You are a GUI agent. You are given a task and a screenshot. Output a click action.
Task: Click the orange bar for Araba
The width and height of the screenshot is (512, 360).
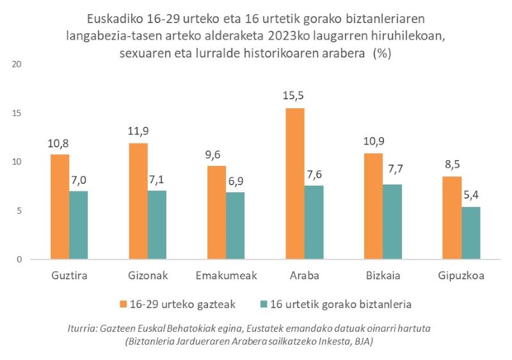(x=295, y=184)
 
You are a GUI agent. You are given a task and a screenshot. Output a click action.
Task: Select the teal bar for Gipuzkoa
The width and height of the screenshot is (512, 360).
(x=470, y=233)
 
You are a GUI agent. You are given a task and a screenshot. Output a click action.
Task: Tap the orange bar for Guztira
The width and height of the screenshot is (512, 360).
(x=60, y=207)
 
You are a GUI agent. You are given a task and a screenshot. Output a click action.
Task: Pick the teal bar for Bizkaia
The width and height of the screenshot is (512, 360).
(x=392, y=222)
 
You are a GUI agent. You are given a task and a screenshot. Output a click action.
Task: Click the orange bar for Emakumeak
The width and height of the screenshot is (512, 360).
(x=217, y=213)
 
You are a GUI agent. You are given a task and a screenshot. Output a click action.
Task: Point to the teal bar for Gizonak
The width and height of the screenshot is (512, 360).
(x=157, y=225)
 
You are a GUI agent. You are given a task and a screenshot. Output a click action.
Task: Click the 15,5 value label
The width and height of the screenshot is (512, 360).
(x=295, y=96)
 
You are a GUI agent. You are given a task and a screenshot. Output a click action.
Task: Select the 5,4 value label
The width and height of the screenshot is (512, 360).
(x=470, y=195)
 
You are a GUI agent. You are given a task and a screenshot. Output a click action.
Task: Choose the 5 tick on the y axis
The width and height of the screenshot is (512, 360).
(x=20, y=211)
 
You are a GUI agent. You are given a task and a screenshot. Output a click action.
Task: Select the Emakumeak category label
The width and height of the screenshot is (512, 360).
(x=226, y=276)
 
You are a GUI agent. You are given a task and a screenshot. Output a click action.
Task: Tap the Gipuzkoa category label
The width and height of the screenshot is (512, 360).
(x=460, y=276)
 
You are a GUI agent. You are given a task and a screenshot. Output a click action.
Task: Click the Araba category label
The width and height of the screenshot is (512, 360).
(x=305, y=276)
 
